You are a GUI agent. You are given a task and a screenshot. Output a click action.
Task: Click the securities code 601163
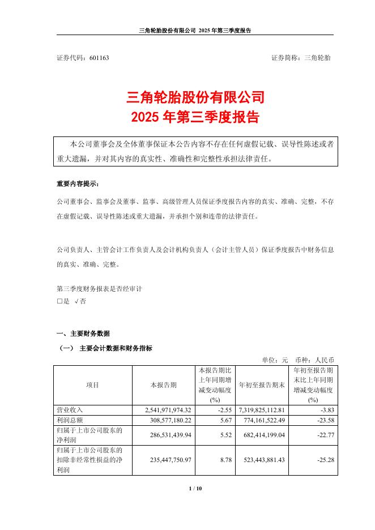tap(99, 58)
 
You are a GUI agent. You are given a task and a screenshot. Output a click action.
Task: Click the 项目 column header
tap(92, 385)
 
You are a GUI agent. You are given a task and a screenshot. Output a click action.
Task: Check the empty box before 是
tap(59, 302)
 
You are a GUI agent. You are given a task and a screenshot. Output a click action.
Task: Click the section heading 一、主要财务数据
tap(84, 333)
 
